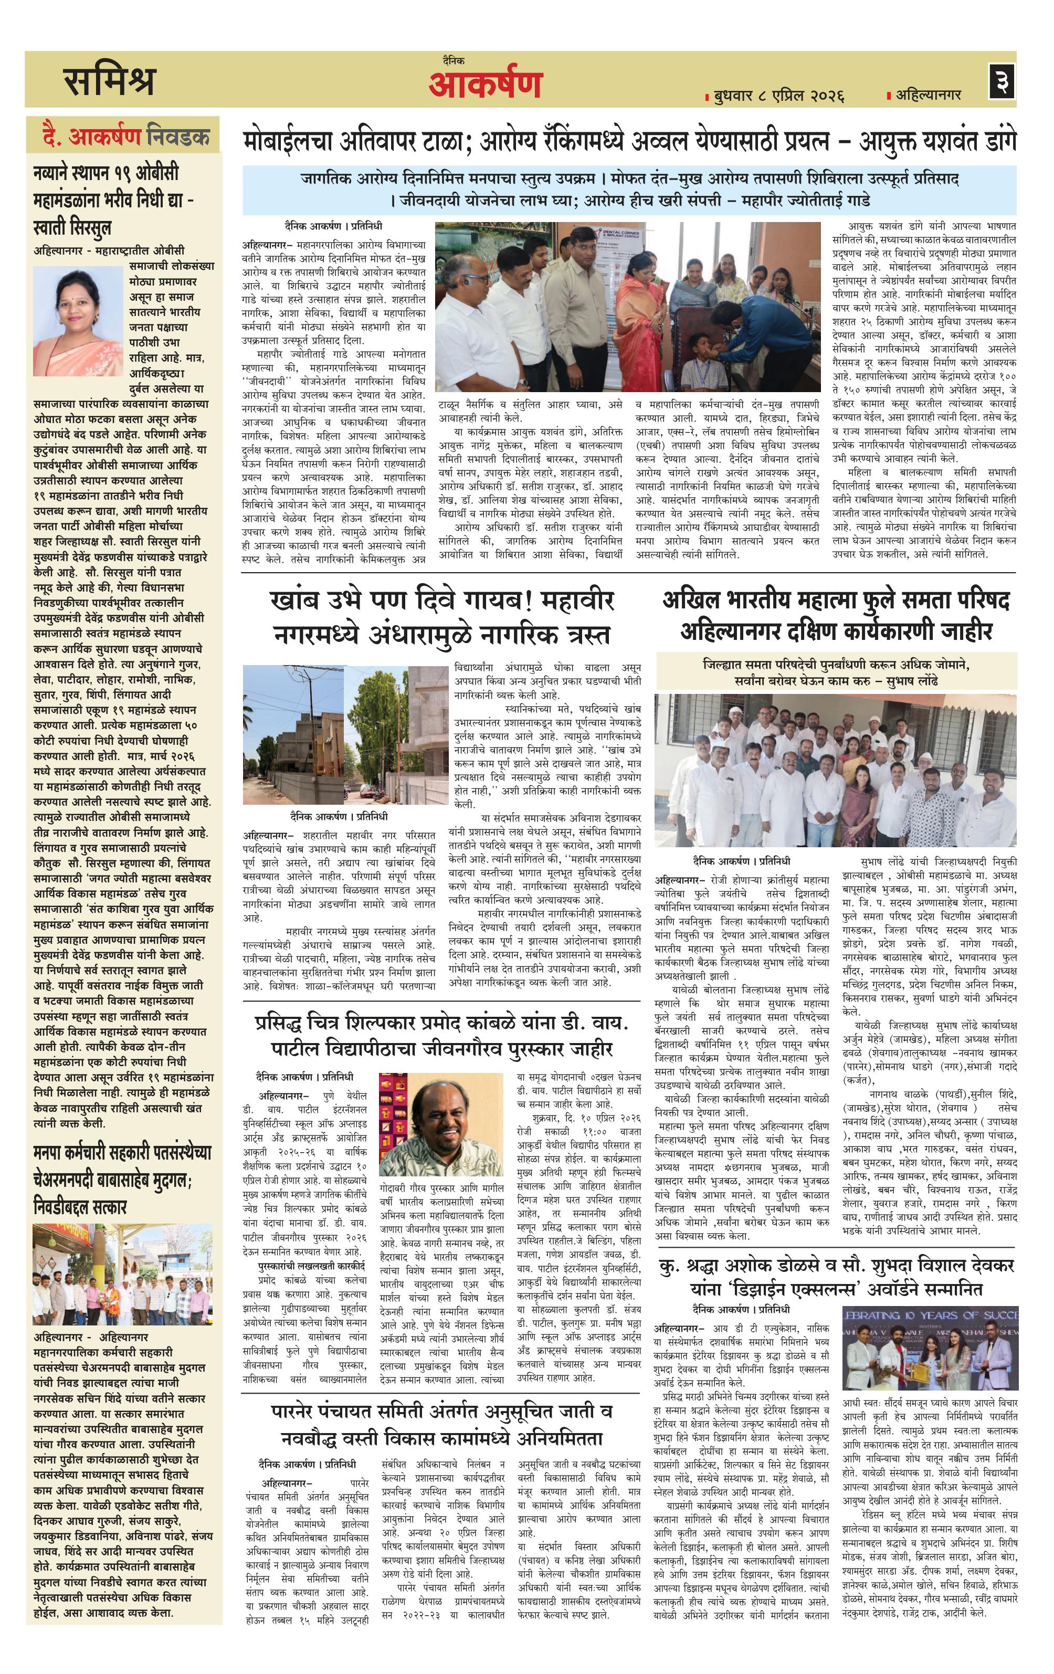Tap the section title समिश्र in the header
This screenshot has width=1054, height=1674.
coord(109,81)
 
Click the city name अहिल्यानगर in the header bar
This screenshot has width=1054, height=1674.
coord(927,94)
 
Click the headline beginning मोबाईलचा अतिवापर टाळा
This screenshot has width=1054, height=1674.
coord(629,142)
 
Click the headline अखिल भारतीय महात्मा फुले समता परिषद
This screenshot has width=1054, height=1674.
coord(835,615)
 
